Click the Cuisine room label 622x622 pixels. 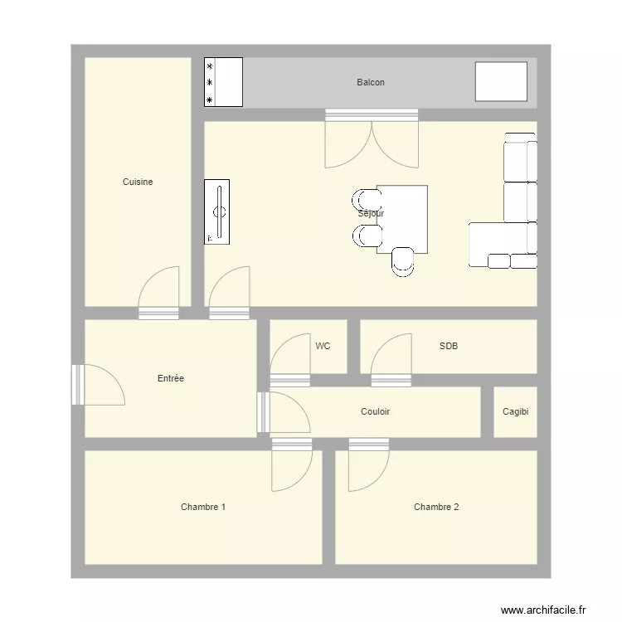click(x=138, y=182)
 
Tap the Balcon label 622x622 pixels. click(x=371, y=82)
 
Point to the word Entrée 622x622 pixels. click(x=171, y=378)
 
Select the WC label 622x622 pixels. click(x=323, y=346)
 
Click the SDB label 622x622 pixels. click(x=449, y=346)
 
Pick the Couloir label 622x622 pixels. click(x=375, y=411)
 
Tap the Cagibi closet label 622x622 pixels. click(x=515, y=411)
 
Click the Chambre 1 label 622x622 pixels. click(x=203, y=507)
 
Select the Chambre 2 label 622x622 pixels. click(x=436, y=507)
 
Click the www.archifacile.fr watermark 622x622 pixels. click(x=543, y=610)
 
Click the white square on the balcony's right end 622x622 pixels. click(x=502, y=81)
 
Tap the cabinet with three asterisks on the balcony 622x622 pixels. click(x=223, y=82)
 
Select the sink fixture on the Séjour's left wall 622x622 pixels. click(x=217, y=211)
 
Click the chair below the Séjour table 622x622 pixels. click(x=402, y=262)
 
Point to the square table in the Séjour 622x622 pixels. click(x=402, y=219)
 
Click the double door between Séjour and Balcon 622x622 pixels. click(x=372, y=138)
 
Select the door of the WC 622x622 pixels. click(x=290, y=360)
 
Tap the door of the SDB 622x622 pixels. click(x=391, y=360)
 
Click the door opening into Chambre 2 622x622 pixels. click(x=369, y=464)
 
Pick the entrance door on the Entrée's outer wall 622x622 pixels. click(x=99, y=385)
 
